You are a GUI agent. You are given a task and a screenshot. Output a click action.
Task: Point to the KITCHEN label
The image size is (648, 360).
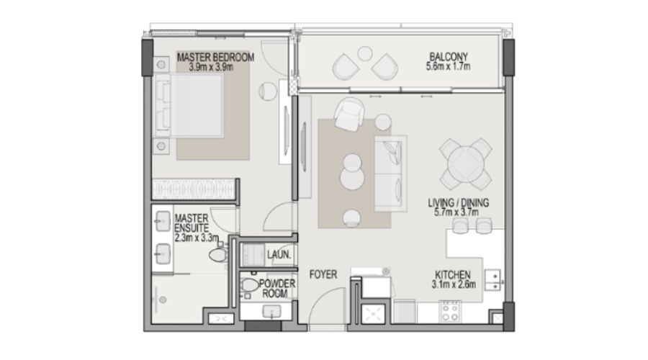(453, 275)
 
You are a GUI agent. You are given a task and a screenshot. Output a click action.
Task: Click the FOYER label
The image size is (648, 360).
(323, 274)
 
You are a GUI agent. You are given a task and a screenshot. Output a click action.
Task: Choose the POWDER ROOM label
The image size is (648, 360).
(277, 289)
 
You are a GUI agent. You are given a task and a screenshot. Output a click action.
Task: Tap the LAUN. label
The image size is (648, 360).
(279, 255)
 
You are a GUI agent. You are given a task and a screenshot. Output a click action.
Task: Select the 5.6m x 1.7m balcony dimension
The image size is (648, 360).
(448, 66)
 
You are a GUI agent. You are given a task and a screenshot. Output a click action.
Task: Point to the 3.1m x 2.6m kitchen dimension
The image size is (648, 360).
(454, 284)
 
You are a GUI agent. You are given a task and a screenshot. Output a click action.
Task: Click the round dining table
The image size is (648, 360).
(465, 164)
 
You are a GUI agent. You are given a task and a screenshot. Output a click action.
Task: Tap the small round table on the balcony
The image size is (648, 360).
(365, 53)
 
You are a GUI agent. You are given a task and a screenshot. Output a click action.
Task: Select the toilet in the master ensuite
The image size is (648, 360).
(219, 254)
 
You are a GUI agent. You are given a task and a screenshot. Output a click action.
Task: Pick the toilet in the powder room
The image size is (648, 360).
(249, 285)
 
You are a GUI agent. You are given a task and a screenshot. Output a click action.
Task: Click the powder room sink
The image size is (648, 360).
(272, 311)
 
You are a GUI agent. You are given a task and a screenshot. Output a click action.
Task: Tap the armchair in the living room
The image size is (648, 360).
(348, 114)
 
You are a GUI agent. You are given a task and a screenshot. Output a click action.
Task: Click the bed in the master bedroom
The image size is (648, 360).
(189, 105)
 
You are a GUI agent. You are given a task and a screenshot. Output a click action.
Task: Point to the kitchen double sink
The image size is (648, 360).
(492, 280)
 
